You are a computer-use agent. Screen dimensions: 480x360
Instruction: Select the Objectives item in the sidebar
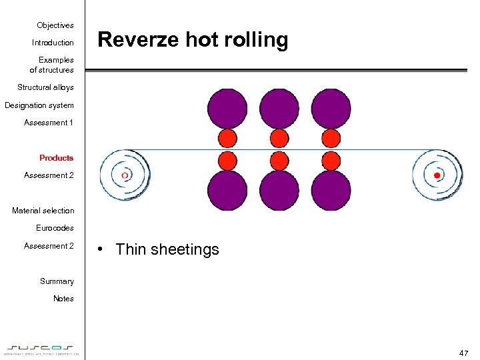55,25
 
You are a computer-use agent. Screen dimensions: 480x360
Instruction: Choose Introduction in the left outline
53,43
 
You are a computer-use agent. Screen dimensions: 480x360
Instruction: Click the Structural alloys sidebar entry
45,87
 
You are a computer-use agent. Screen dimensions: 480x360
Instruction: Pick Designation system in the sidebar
39,105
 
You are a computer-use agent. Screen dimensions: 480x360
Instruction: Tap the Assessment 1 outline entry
49,123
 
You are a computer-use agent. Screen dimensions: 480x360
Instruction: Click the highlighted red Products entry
57,158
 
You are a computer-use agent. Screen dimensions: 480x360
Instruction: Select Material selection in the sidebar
43,211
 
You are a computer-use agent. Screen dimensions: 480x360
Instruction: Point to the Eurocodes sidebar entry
55,228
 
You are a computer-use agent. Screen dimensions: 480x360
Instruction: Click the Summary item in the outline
57,281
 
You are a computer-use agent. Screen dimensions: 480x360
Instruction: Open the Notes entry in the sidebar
63,299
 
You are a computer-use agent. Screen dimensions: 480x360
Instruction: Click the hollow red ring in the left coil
125,175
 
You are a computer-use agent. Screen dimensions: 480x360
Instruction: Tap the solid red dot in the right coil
437,175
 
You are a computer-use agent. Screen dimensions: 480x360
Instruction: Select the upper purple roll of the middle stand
279,108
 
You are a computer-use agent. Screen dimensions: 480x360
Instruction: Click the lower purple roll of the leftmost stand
227,191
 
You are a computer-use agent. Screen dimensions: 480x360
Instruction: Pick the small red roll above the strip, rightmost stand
331,139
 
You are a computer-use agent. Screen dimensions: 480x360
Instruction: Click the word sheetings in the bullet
185,250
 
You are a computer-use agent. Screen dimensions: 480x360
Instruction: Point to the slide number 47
463,352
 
